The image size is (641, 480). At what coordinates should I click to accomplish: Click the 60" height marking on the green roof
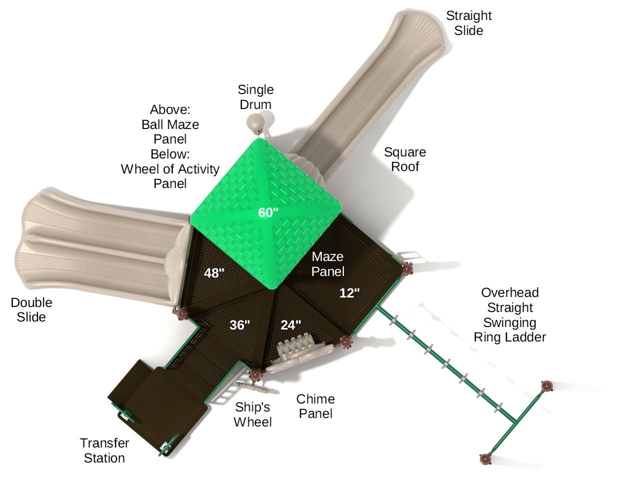point(268,212)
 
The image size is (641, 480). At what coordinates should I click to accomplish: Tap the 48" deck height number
point(214,273)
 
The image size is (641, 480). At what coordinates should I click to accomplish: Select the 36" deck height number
point(240,325)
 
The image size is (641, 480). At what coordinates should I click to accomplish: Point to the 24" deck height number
point(290,325)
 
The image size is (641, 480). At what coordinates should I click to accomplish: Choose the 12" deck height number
point(350,293)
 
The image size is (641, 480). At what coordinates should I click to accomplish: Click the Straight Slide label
point(469,23)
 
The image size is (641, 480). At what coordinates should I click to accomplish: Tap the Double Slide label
point(32,310)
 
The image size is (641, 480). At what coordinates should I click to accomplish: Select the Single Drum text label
point(255,97)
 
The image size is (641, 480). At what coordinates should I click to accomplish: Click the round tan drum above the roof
point(255,121)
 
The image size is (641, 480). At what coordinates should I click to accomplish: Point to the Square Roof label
point(405,159)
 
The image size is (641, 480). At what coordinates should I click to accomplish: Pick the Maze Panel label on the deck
point(328,264)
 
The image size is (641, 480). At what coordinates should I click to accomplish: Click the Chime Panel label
point(315,406)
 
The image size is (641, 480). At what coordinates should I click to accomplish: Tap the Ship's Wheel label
point(252,414)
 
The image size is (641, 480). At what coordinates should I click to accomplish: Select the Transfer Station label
point(104,450)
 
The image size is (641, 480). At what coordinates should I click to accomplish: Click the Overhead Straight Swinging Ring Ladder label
point(510,315)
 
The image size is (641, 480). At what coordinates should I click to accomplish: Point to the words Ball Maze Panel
point(170,131)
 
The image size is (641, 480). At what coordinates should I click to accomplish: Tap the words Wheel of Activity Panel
point(170,176)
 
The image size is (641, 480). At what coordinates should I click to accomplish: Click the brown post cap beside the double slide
point(182,313)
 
